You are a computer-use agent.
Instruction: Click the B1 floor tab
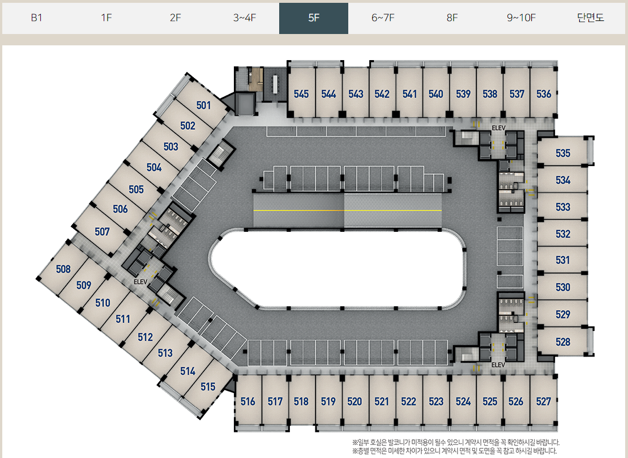(37, 18)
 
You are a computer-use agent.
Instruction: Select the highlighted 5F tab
(314, 18)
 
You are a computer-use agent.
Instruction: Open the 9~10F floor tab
(521, 18)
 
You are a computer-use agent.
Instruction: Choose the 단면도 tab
(591, 18)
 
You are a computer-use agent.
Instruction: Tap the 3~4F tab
(245, 18)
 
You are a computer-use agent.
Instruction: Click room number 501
(203, 105)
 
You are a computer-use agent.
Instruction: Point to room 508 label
(63, 269)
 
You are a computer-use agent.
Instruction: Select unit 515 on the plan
(208, 387)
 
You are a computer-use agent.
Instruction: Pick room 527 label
(543, 402)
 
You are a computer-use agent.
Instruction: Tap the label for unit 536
(544, 94)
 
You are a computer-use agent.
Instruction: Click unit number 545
(301, 94)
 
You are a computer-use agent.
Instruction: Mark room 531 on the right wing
(563, 260)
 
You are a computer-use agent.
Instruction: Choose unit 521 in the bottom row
(382, 402)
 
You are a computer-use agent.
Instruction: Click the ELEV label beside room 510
(140, 282)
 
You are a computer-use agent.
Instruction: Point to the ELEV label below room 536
(498, 128)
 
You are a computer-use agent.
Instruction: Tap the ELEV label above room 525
(498, 365)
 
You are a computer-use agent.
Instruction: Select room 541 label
(409, 94)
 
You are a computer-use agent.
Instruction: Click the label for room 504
(154, 168)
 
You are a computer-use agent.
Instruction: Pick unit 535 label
(563, 154)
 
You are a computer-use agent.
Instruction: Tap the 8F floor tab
(452, 18)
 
